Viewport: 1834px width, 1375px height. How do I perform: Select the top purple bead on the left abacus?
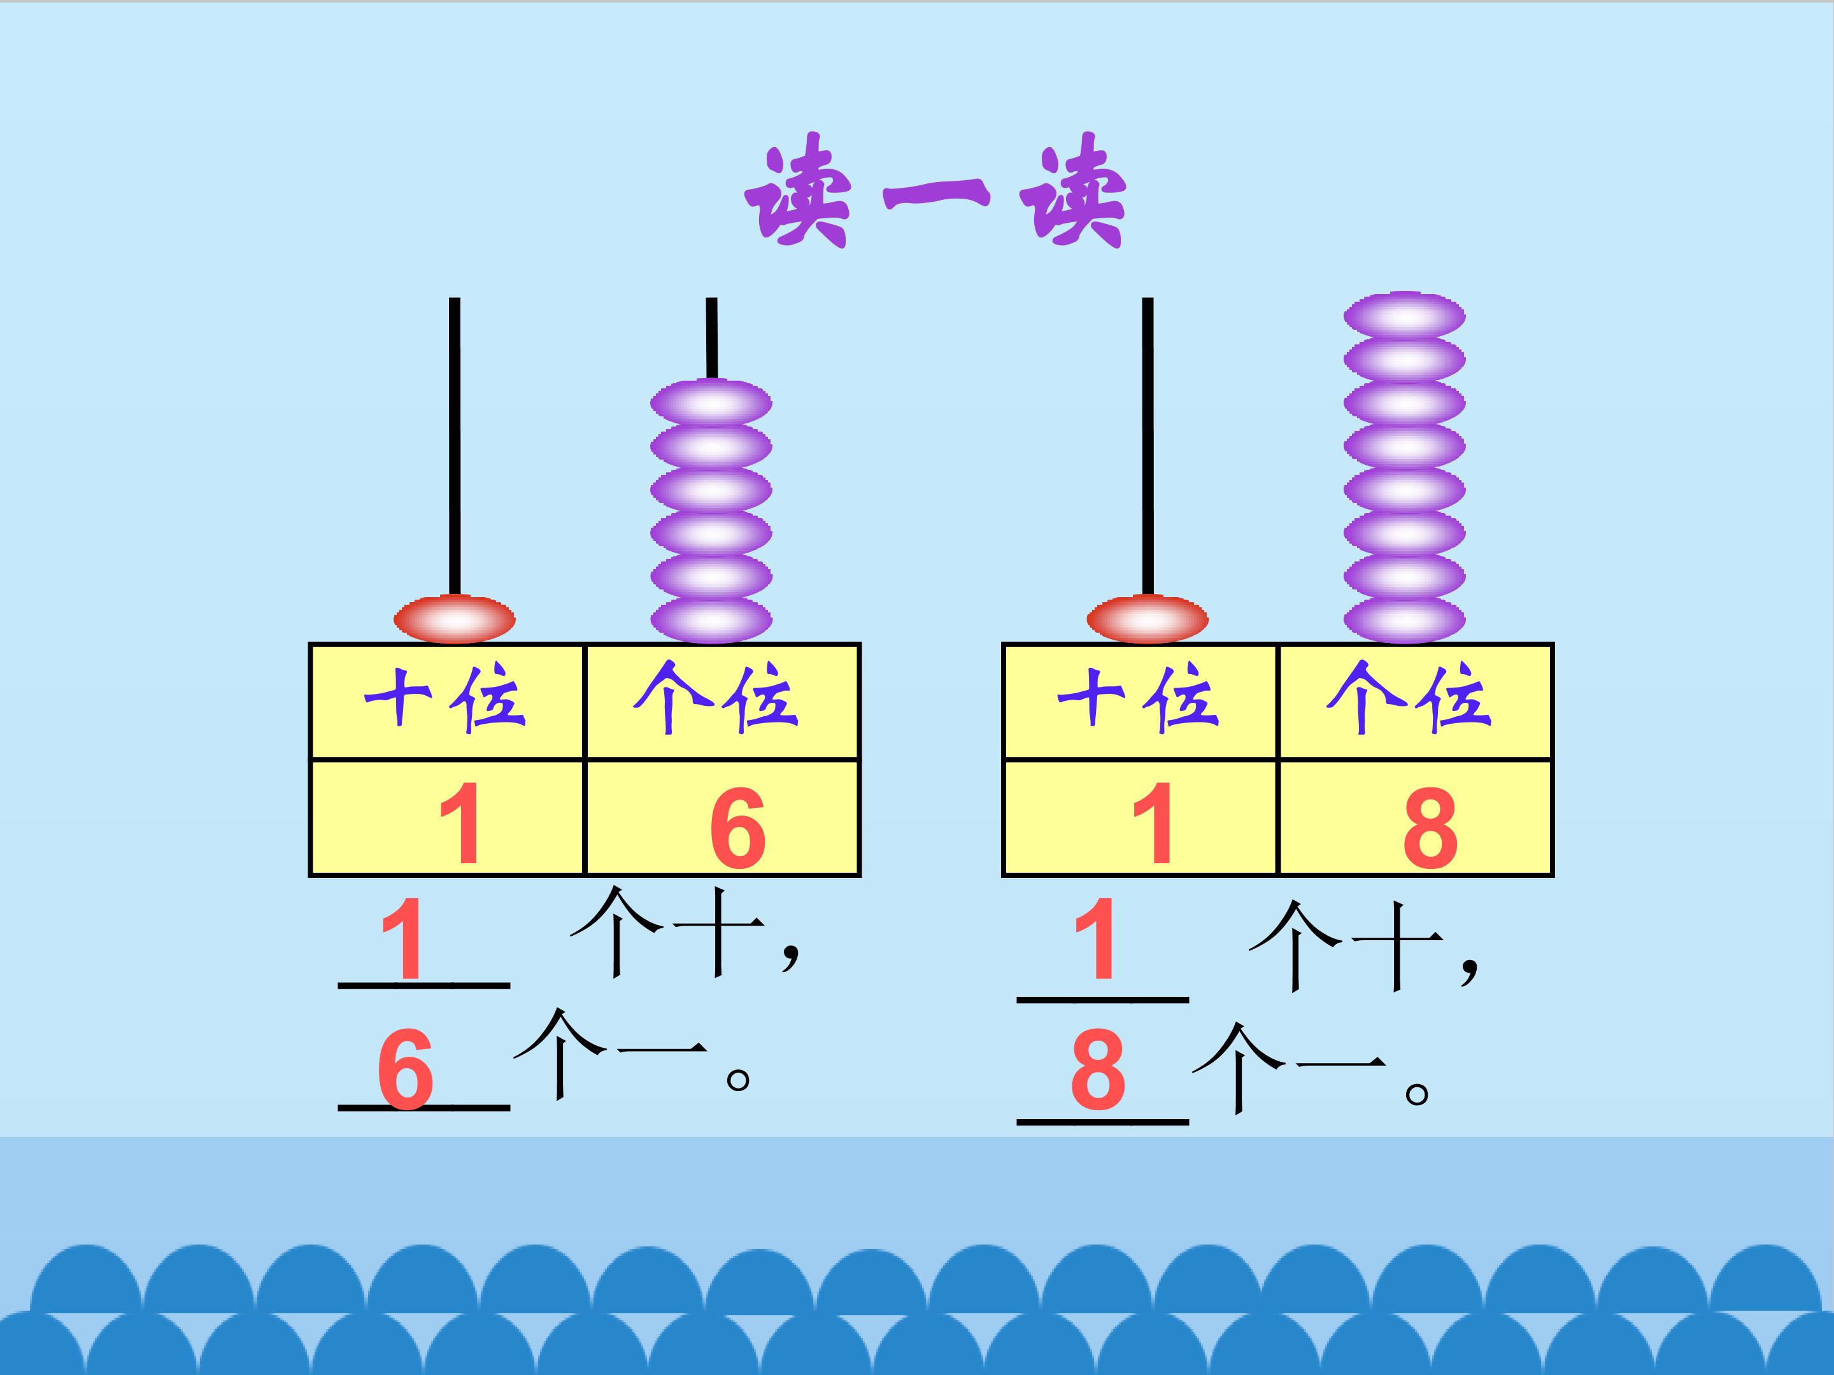click(711, 404)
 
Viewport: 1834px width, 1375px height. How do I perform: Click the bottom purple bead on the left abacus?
click(711, 619)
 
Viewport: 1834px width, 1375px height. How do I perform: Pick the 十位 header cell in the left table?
click(446, 700)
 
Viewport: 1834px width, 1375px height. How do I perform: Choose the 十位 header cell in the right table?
click(1139, 700)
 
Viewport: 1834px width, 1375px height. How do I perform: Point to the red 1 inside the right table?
click(1153, 823)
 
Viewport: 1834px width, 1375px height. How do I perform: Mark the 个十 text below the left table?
click(667, 933)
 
